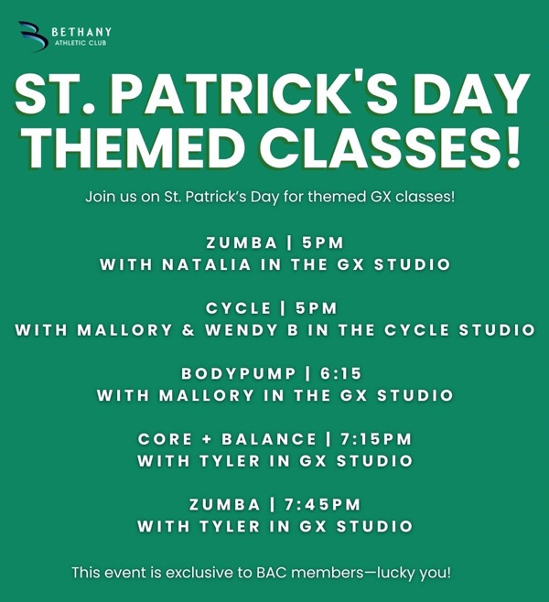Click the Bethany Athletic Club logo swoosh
[x=34, y=36]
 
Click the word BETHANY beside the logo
[x=81, y=32]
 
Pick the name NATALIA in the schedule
[x=207, y=265]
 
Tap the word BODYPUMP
[x=239, y=373]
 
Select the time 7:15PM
[x=376, y=439]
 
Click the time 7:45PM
[x=322, y=504]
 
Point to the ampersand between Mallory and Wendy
[x=188, y=330]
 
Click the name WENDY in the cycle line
[x=241, y=330]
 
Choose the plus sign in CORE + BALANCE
[x=207, y=439]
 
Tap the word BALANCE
[x=269, y=439]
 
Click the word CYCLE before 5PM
[x=239, y=308]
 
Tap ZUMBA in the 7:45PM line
[x=225, y=504]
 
